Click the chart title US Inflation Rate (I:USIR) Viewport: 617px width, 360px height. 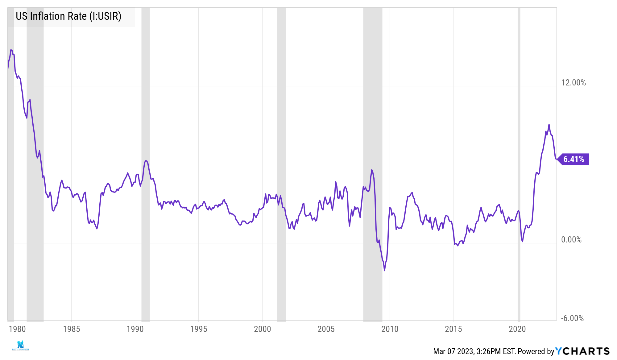click(x=68, y=16)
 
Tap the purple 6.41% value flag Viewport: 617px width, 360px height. click(x=574, y=159)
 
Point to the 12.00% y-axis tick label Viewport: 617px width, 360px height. click(x=573, y=83)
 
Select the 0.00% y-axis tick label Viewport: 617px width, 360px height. click(x=571, y=240)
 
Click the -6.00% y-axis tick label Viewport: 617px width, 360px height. click(x=572, y=318)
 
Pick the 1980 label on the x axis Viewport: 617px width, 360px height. click(x=17, y=329)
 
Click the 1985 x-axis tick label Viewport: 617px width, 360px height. click(x=72, y=329)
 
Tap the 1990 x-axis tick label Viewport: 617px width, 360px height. click(x=135, y=329)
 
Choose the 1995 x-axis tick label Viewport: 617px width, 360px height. click(x=199, y=329)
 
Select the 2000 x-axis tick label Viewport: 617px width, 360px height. click(x=263, y=329)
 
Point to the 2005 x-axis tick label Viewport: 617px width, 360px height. click(x=326, y=329)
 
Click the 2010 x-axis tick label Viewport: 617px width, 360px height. click(x=390, y=329)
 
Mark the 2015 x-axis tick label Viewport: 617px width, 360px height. click(x=453, y=329)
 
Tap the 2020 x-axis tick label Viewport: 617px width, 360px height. click(x=517, y=329)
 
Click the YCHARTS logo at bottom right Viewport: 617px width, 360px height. click(x=582, y=351)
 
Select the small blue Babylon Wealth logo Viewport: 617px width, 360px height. click(x=20, y=346)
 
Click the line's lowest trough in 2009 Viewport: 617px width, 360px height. click(x=384, y=271)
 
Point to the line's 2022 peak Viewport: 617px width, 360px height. click(x=549, y=125)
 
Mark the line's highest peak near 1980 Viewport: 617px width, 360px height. click(x=11, y=50)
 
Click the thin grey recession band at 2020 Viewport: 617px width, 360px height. click(x=519, y=163)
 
